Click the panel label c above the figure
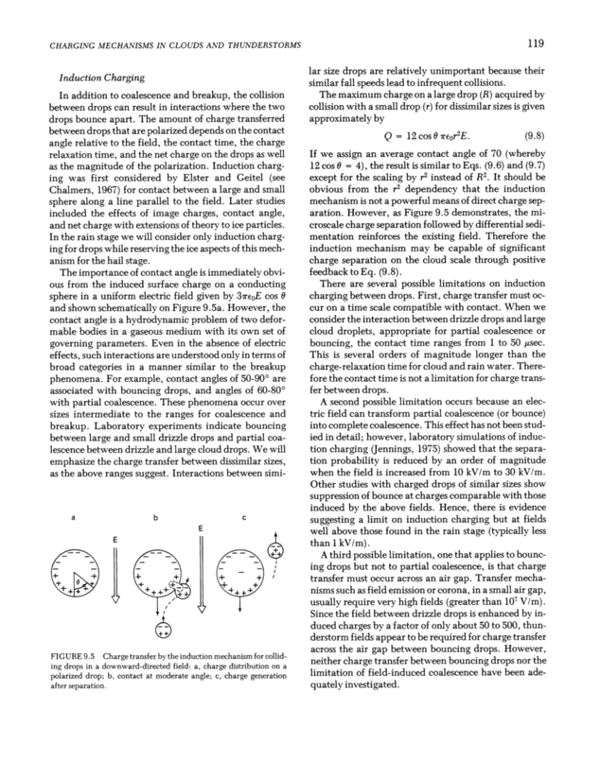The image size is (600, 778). coord(245,517)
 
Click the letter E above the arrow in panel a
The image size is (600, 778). coord(115,539)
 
